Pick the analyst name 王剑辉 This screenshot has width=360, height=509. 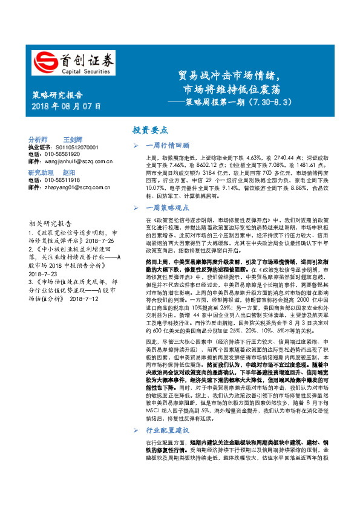pos(75,138)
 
